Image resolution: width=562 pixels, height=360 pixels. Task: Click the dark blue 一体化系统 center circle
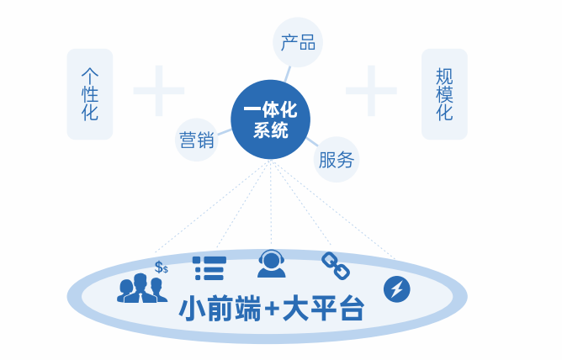click(271, 119)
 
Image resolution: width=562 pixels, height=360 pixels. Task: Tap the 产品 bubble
click(298, 43)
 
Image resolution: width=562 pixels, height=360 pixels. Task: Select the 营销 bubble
click(197, 139)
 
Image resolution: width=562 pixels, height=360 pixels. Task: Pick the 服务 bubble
click(337, 160)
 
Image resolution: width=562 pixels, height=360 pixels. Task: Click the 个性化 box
click(90, 93)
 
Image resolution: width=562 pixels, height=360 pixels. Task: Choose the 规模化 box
click(444, 93)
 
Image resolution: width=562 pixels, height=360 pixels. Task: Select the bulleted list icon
click(208, 267)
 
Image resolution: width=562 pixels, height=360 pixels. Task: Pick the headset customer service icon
click(271, 264)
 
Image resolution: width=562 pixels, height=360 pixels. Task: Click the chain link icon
click(335, 266)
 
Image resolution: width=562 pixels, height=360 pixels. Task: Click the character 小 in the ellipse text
click(194, 308)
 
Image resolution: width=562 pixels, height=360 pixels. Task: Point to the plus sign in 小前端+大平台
click(271, 309)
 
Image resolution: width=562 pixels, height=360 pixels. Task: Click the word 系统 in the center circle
click(271, 131)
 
